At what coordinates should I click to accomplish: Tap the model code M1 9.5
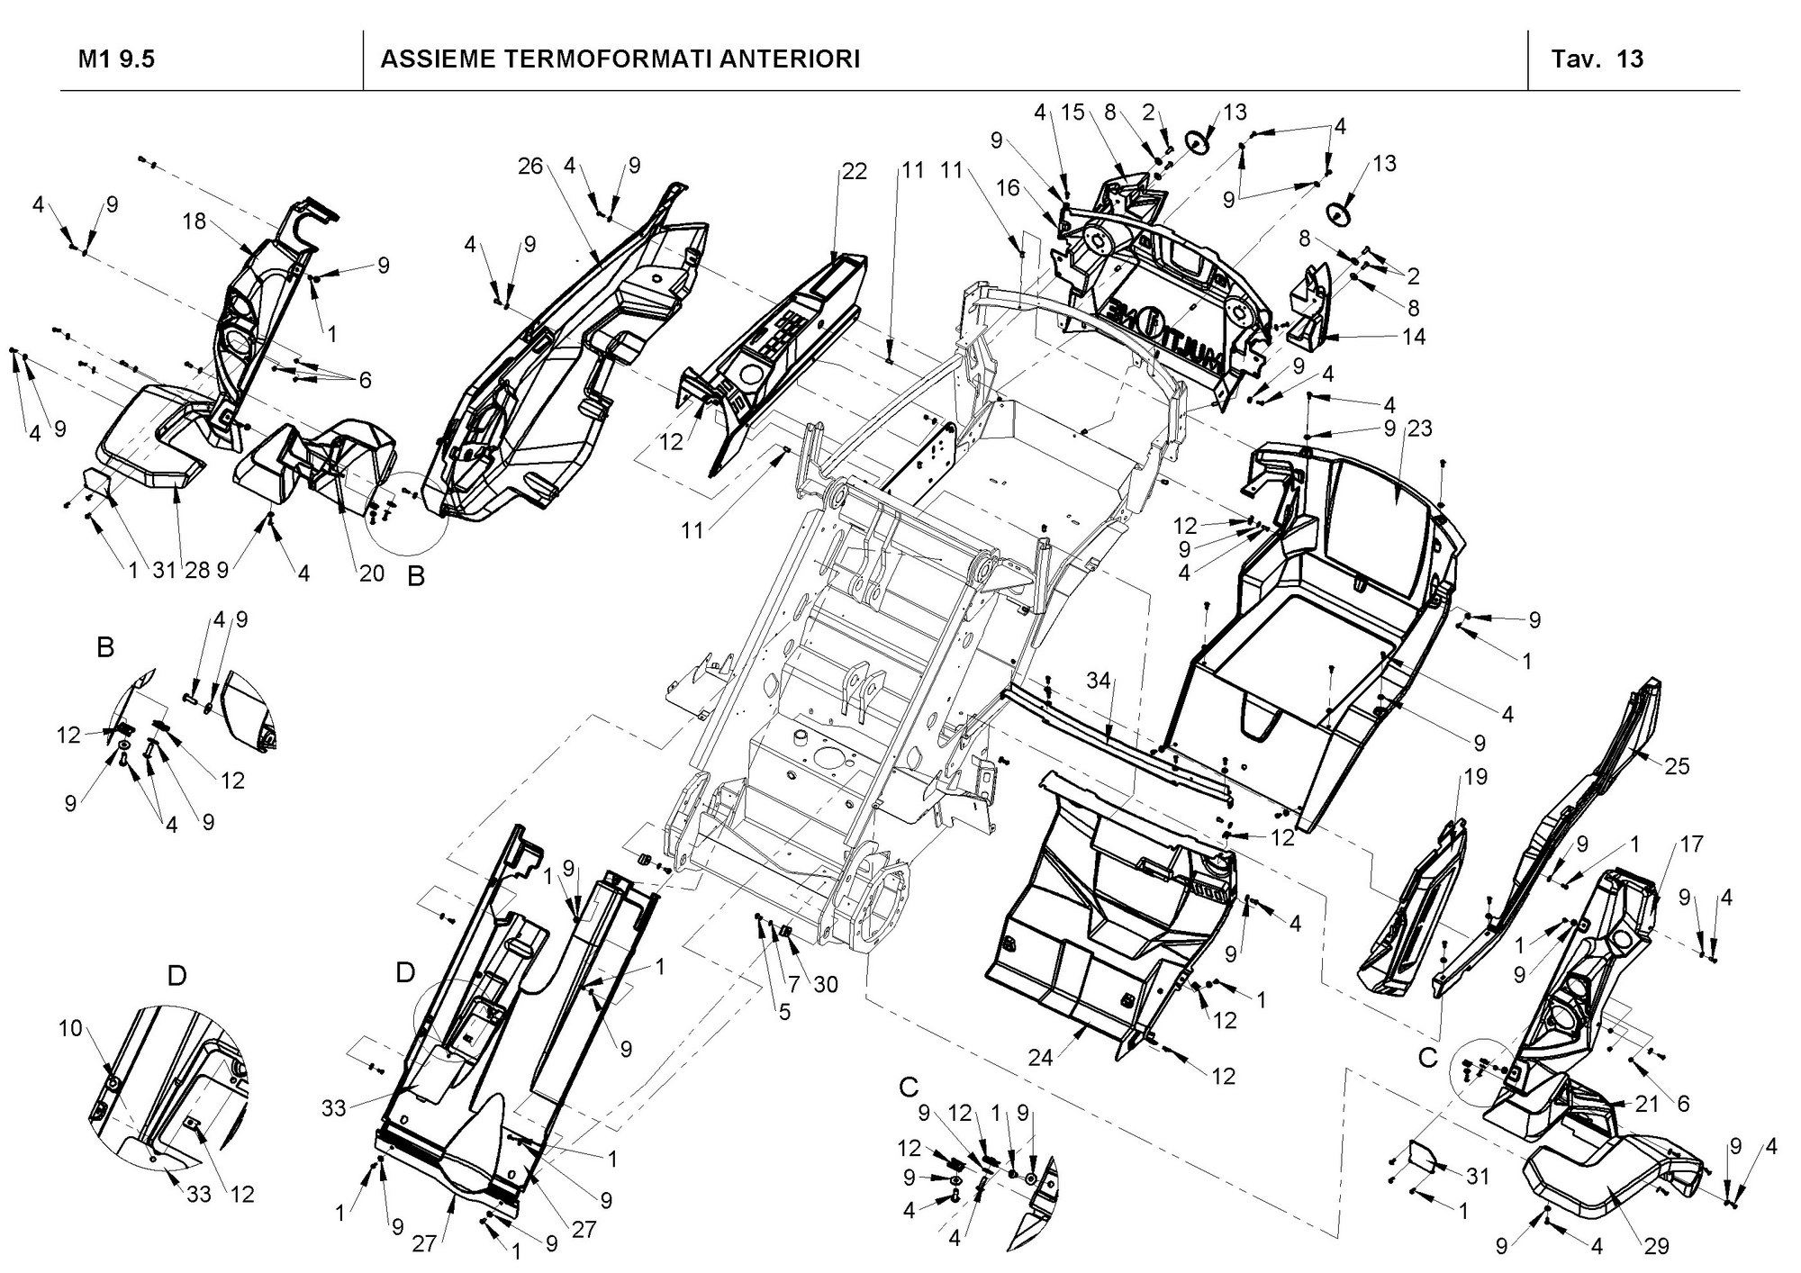[117, 59]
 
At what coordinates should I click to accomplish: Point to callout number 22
[854, 171]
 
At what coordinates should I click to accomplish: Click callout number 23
[1419, 429]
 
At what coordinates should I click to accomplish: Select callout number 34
[1099, 682]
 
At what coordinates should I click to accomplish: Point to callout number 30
[825, 985]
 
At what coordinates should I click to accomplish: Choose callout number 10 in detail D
[70, 1027]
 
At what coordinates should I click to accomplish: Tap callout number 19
[1476, 776]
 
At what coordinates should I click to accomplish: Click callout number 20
[372, 573]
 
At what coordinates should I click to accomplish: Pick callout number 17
[1691, 845]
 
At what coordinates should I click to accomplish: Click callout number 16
[1009, 187]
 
